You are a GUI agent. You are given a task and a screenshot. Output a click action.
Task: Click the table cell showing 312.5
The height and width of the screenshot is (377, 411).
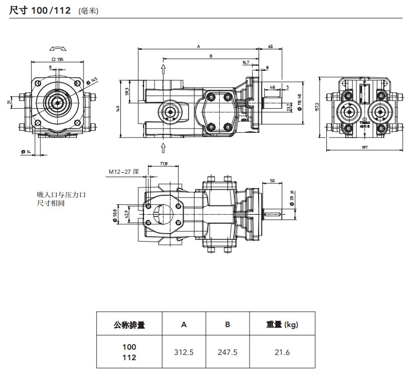tap(184, 352)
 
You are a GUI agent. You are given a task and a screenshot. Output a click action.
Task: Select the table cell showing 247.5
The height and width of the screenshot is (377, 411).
tap(228, 352)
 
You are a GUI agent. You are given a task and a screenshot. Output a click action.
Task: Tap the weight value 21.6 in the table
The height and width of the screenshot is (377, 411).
tap(282, 352)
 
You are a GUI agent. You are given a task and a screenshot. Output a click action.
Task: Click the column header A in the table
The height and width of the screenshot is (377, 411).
tap(184, 324)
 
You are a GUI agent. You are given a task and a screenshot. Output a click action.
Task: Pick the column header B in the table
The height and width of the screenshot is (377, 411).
tap(228, 324)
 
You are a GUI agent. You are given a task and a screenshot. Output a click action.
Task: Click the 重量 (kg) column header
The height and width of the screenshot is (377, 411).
tap(282, 324)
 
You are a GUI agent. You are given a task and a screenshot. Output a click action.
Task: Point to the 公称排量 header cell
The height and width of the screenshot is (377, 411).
tap(129, 324)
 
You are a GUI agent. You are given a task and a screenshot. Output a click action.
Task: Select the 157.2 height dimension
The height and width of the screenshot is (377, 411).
tap(317, 107)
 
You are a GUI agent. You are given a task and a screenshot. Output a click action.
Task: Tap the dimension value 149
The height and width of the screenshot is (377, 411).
tap(119, 108)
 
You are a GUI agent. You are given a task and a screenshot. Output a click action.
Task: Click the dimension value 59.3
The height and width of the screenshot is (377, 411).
tap(127, 91)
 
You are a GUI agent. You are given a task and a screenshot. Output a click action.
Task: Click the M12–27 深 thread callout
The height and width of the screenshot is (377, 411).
tap(124, 171)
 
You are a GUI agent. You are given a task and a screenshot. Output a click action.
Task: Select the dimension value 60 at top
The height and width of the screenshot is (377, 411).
tap(270, 47)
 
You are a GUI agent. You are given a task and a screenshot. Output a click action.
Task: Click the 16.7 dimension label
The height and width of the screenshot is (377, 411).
tap(246, 62)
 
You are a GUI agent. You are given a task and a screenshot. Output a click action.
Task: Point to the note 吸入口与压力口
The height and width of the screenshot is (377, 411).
tap(61, 195)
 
